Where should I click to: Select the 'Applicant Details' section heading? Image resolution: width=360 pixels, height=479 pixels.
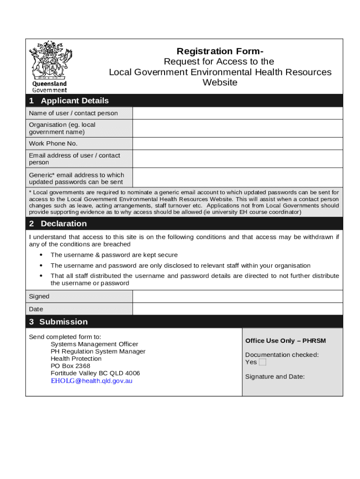point(74,101)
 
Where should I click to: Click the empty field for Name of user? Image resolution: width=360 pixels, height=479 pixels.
point(238,113)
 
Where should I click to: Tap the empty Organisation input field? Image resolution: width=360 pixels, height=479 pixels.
point(238,128)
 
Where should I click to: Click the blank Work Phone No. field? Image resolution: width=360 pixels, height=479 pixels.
point(238,144)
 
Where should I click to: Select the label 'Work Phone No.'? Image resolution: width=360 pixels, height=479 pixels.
point(53,144)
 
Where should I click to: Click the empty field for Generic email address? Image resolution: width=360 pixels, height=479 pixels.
point(238,178)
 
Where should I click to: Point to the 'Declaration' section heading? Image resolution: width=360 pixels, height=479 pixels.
point(64,224)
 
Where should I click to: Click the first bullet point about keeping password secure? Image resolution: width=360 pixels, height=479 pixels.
point(114,255)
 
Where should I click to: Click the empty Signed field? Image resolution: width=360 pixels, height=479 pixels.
point(238,296)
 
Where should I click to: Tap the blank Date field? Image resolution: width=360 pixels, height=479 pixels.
point(238,309)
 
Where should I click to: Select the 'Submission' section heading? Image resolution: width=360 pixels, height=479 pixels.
point(64,322)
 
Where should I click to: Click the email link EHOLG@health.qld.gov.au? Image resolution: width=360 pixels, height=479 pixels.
point(92,381)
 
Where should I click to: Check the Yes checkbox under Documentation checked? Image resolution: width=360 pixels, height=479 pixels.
point(262,362)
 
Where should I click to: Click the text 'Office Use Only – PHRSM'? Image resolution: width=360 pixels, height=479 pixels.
point(285,341)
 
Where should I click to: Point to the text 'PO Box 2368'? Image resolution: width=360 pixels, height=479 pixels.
point(71,366)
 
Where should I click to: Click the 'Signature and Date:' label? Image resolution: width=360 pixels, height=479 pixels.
point(275,376)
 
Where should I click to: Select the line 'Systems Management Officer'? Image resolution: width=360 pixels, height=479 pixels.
point(94,344)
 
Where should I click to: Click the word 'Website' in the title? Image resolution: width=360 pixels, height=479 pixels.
point(220,83)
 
